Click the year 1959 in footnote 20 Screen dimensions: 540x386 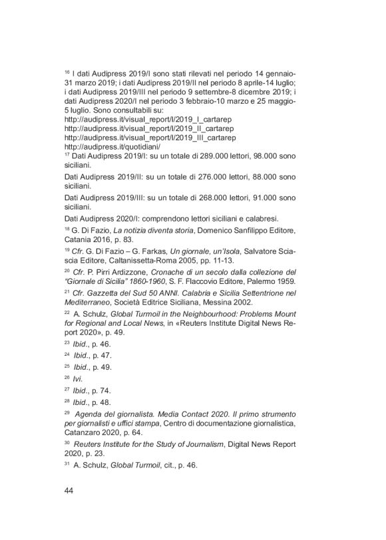(276, 281)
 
